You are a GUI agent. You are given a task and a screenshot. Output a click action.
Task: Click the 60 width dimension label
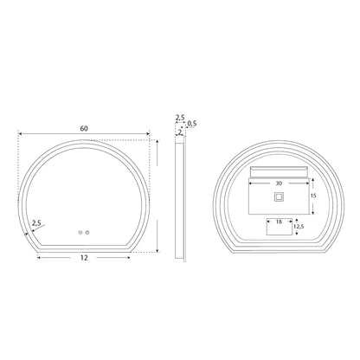(84, 129)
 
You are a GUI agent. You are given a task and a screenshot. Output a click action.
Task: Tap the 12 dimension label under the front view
(84, 258)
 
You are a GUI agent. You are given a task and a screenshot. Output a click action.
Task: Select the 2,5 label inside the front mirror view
(36, 223)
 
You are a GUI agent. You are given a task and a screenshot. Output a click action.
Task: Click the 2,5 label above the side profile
(180, 118)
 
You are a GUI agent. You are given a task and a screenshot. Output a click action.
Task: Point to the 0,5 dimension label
(192, 124)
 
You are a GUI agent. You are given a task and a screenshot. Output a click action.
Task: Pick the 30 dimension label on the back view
(279, 183)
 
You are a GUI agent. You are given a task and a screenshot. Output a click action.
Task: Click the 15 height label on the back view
(313, 196)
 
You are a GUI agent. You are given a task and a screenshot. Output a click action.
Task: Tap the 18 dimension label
(279, 222)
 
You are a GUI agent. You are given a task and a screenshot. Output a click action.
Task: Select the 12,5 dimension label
(299, 227)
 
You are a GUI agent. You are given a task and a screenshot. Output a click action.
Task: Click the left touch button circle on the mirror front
(80, 232)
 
